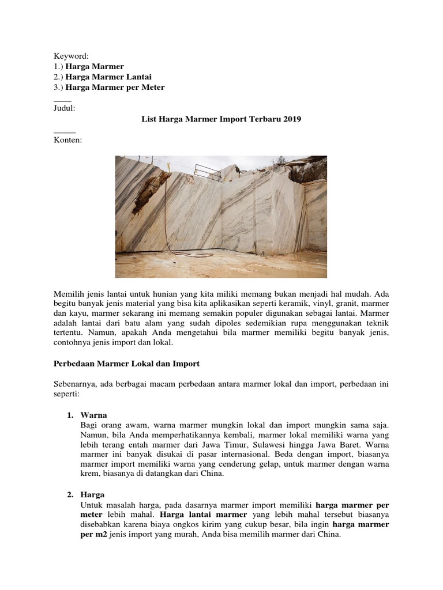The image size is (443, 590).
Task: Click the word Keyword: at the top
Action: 71,56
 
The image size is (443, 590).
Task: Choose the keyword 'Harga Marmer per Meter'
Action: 115,87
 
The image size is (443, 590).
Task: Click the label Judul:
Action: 64,108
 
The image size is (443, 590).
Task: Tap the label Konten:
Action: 67,139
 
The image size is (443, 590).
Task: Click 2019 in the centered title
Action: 291,119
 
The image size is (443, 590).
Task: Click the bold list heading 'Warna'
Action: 93,415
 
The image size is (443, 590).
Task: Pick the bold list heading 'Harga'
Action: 93,495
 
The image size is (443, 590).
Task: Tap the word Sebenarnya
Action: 75,384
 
